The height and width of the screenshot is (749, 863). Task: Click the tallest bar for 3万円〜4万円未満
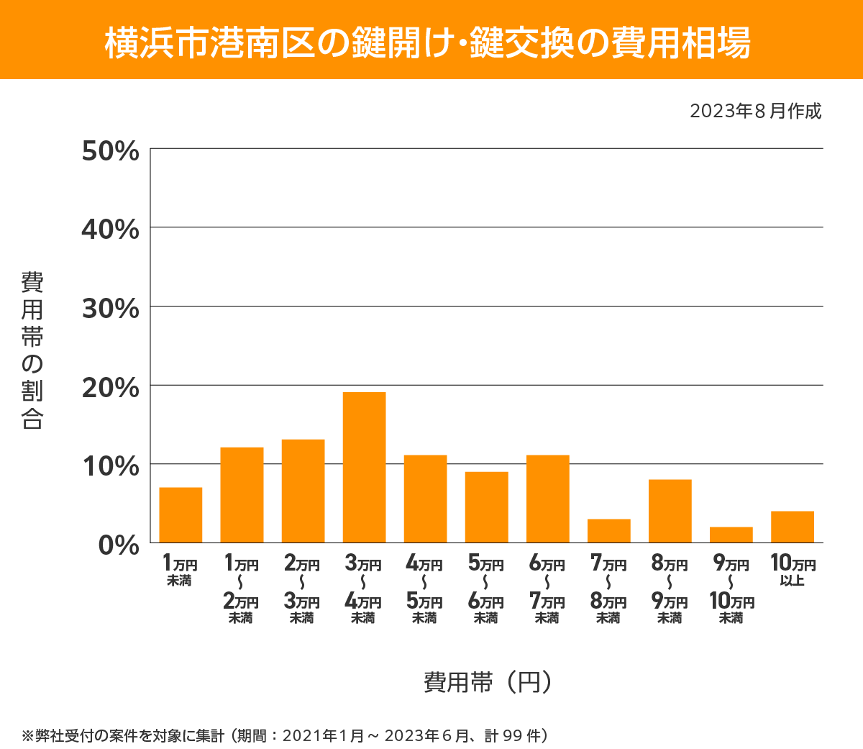(364, 468)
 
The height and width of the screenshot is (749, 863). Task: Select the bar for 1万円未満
(181, 515)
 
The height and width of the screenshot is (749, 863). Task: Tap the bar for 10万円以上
(792, 527)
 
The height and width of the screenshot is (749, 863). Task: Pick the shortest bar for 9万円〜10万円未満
(731, 535)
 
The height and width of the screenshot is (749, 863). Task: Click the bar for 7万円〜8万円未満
(608, 531)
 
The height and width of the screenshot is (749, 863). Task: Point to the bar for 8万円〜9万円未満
(670, 511)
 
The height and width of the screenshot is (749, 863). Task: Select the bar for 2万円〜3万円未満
(303, 491)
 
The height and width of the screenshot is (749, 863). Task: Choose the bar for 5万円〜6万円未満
(486, 507)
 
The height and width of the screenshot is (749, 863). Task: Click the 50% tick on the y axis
(110, 152)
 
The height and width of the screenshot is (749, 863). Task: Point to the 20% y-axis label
(110, 388)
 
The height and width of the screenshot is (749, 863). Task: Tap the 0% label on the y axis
(119, 545)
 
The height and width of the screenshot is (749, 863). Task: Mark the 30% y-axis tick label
(110, 309)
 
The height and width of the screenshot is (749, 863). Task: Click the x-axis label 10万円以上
(793, 570)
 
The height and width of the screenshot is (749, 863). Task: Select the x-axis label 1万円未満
(180, 571)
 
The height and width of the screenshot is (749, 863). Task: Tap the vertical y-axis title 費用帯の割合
(32, 350)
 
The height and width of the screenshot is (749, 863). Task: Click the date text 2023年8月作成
(755, 112)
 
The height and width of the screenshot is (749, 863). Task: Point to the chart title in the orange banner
(428, 42)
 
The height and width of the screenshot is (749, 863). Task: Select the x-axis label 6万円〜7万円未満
(547, 590)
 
